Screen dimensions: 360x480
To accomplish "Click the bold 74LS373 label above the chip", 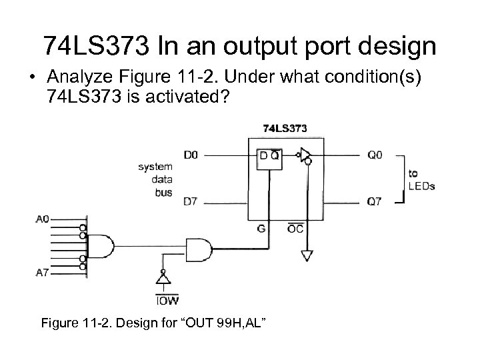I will [x=285, y=127].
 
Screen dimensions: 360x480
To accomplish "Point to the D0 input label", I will [x=191, y=155].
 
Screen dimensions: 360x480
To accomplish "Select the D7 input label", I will [x=191, y=200].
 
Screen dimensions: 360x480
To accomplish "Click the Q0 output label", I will [x=375, y=155].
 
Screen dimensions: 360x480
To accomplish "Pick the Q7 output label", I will [x=375, y=200].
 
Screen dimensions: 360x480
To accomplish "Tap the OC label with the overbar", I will [x=295, y=229].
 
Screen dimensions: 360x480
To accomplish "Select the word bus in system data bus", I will [x=164, y=193].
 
